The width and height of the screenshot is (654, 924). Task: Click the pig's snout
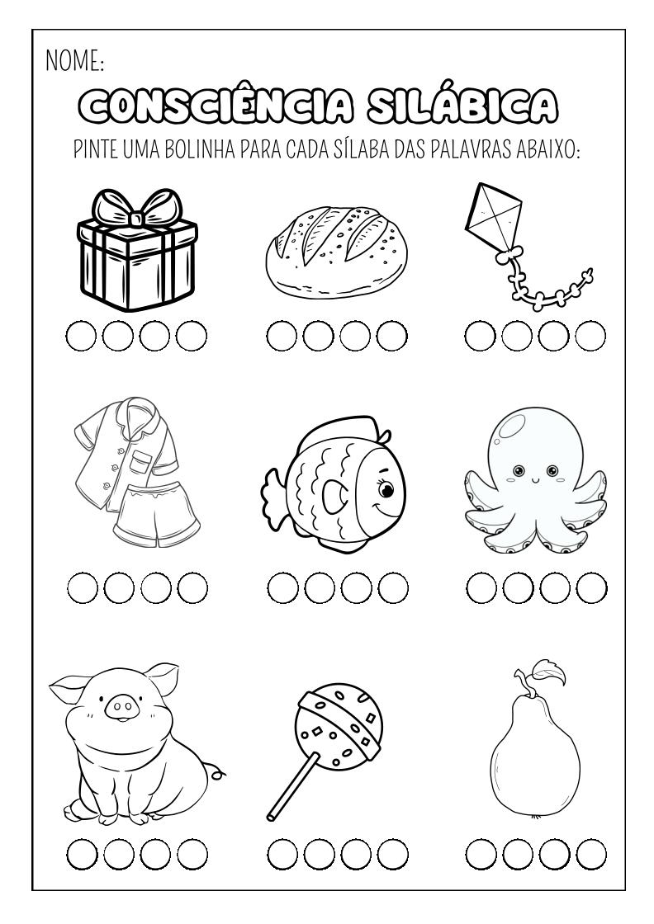pos(123,707)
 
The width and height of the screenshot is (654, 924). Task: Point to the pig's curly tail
pos(219,772)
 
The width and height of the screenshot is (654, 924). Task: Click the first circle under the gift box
pos(81,336)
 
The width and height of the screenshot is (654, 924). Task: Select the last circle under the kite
pos(591,336)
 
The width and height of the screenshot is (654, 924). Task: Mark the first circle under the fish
pos(283,588)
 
